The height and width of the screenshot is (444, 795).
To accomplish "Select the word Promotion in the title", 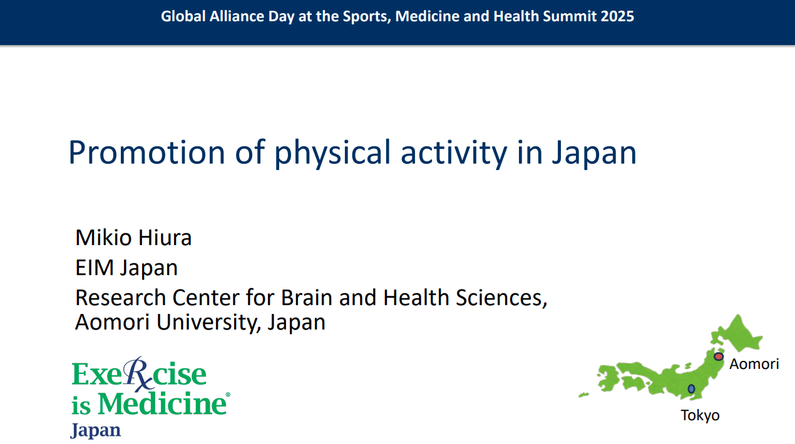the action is click(x=147, y=153).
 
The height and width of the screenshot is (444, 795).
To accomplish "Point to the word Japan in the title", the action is click(x=594, y=153).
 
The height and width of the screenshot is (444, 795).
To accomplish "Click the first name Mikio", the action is click(x=103, y=237).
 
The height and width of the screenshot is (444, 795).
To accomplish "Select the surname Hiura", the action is click(x=165, y=237).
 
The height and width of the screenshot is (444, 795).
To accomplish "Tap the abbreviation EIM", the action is click(x=95, y=268).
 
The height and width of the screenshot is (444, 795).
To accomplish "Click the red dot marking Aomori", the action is click(x=719, y=356).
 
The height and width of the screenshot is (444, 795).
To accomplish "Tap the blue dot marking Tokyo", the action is click(x=691, y=389).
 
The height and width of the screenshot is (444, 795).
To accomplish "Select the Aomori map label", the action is click(x=754, y=364).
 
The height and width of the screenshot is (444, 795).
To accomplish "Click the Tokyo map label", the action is click(x=700, y=416).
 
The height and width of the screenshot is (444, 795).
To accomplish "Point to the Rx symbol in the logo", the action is click(x=138, y=373).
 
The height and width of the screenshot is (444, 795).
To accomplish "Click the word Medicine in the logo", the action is click(x=162, y=403).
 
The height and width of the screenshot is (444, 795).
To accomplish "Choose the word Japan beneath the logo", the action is click(x=96, y=430).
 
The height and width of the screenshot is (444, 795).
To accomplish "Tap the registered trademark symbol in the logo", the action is click(x=228, y=395).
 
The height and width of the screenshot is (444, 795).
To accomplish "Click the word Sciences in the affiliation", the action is click(x=501, y=298).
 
